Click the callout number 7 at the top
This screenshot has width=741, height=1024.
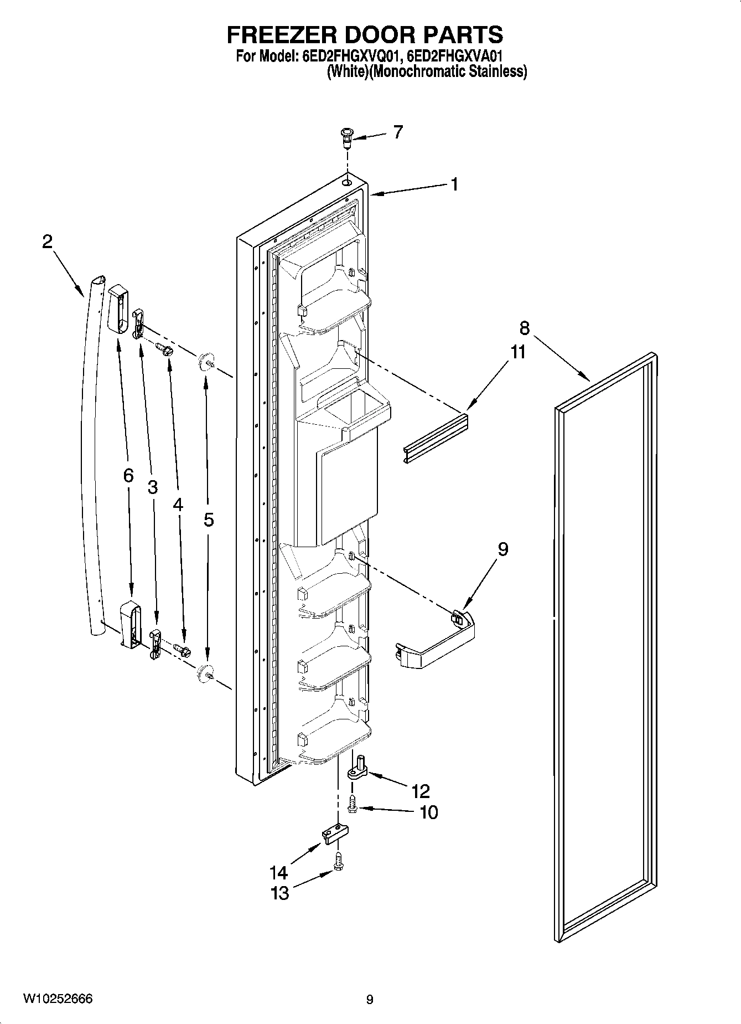click(398, 132)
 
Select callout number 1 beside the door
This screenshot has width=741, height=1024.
click(454, 184)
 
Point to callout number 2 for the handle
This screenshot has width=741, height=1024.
click(48, 241)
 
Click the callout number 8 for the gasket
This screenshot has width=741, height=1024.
click(524, 328)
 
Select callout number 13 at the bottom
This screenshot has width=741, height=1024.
click(281, 893)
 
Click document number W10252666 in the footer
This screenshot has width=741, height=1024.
click(58, 999)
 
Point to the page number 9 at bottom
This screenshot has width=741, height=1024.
click(370, 999)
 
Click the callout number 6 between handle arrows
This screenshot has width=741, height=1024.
click(128, 475)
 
